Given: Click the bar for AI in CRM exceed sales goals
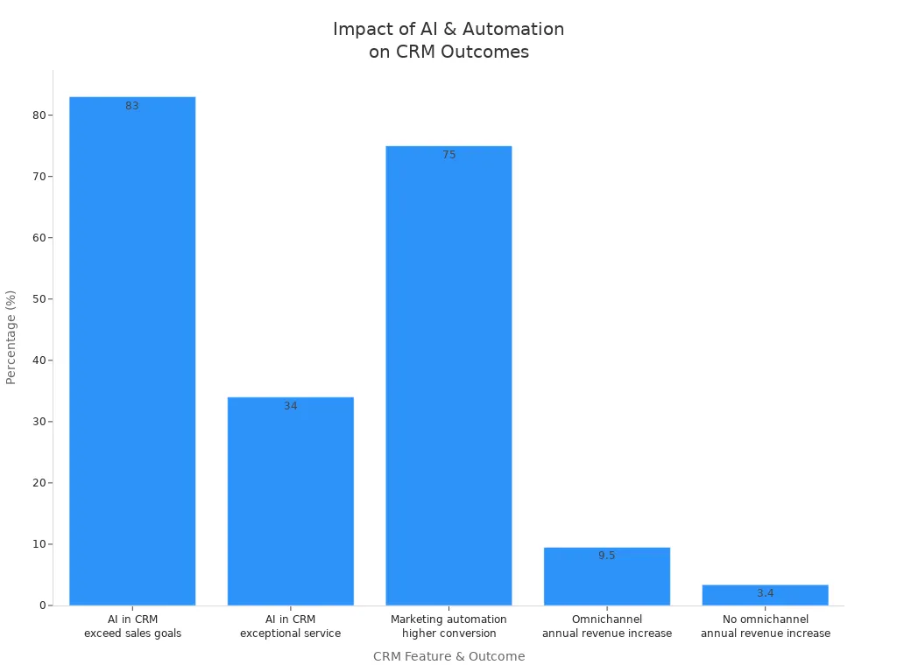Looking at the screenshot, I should (132, 350).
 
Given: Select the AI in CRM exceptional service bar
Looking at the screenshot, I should (291, 500).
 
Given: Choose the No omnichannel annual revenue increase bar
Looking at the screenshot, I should (765, 596).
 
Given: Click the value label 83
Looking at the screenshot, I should (132, 106).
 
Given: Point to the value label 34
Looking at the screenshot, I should (291, 406).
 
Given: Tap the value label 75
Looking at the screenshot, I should (448, 155).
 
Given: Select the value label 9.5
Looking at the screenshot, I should (607, 556).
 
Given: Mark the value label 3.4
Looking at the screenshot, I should (765, 593).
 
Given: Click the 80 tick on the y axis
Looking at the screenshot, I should (38, 115).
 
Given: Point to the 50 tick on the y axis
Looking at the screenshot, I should (38, 299).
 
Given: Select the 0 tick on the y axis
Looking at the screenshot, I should (41, 605).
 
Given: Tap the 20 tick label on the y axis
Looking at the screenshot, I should (38, 483).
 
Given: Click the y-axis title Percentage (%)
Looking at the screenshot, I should (11, 337).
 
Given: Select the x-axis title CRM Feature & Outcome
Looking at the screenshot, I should (448, 656).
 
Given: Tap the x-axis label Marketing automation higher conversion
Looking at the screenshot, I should (448, 626).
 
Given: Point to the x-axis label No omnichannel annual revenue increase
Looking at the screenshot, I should (765, 626).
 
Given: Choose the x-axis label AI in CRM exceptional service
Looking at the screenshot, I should (291, 626).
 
